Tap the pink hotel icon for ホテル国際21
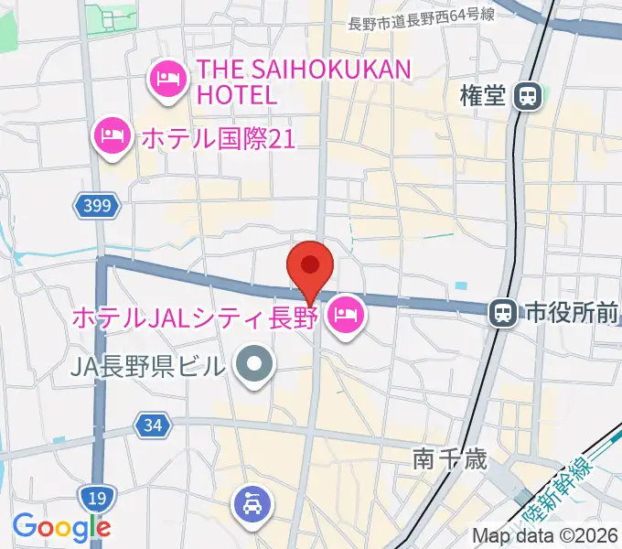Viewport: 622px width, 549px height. [x=113, y=136]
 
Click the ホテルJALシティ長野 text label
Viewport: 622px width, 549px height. [x=193, y=318]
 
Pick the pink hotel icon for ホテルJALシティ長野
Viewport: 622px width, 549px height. [x=346, y=317]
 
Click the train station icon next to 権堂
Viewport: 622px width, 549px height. [x=527, y=96]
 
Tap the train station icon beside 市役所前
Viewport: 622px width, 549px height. [x=501, y=314]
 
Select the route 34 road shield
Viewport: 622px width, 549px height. [x=153, y=425]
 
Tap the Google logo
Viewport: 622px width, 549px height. [x=61, y=528]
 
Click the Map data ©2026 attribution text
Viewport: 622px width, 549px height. [x=544, y=535]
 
